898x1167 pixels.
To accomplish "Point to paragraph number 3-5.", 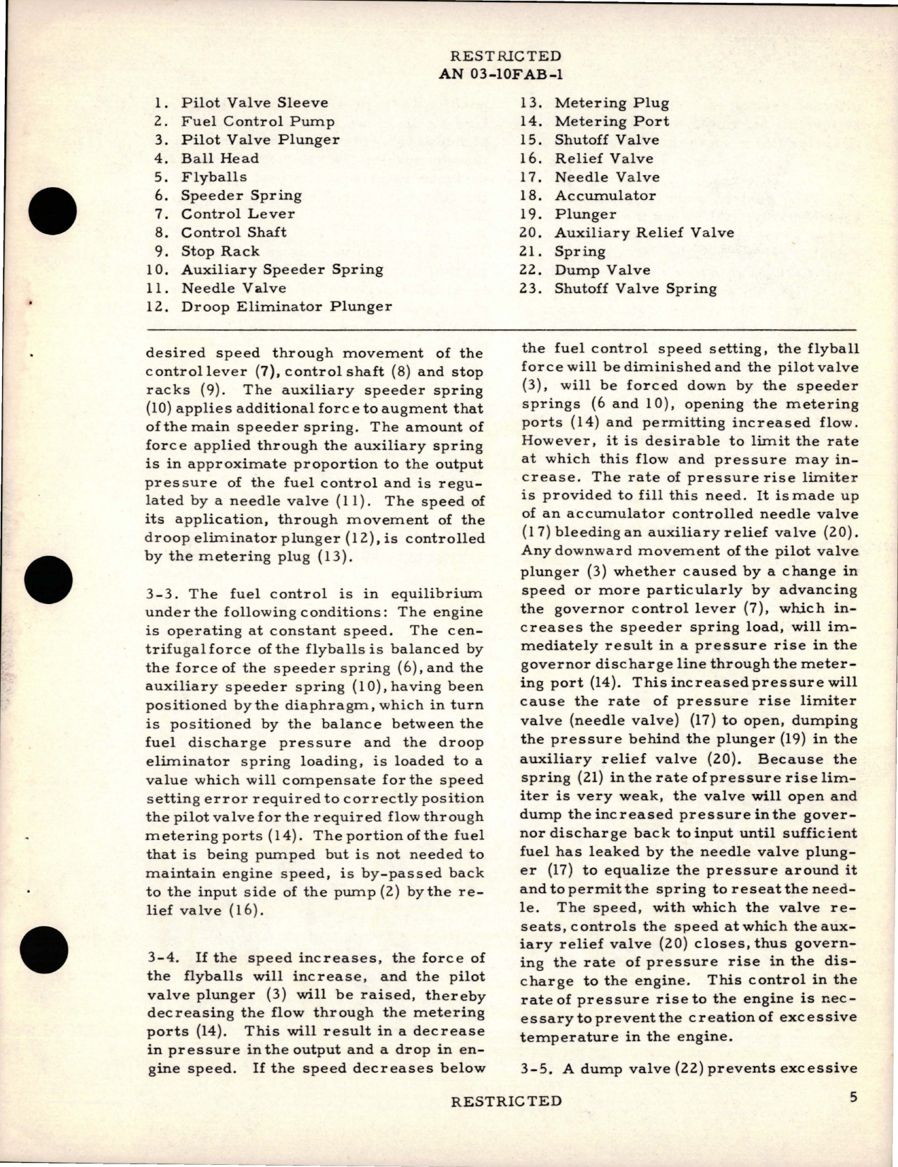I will [x=536, y=1068].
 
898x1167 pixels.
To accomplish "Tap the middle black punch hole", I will [x=49, y=584].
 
